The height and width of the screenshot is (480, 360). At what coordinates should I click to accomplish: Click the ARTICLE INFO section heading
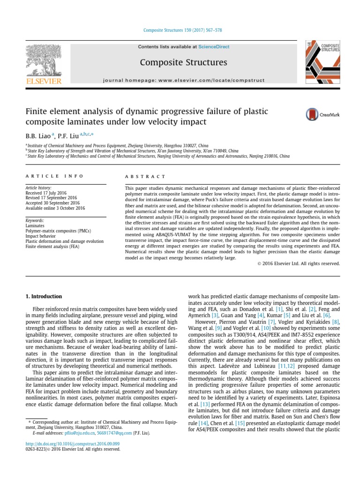[54, 176]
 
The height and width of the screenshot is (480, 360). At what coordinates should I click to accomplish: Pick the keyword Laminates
[36, 225]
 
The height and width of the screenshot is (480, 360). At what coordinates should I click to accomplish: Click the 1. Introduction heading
[43, 296]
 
